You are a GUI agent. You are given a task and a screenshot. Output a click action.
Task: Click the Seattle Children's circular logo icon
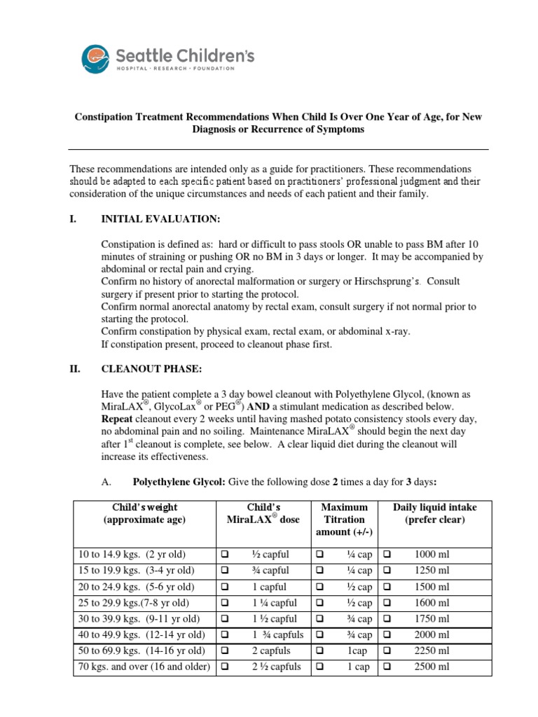pos(95,58)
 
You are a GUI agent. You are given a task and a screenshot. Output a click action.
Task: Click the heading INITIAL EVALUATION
pos(161,219)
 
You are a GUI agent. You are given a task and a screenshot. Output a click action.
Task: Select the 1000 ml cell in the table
pos(432,555)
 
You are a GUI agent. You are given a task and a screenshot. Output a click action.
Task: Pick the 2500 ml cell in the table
pos(432,667)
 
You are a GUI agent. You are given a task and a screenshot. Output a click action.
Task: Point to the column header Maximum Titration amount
pos(343,520)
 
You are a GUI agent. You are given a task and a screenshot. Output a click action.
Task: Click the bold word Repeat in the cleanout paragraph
pos(117,418)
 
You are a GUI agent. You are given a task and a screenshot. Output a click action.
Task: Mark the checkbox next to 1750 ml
pos(388,619)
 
